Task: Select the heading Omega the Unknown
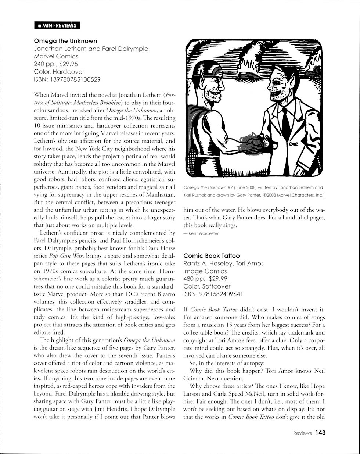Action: (x=65, y=41)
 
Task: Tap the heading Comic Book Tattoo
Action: (x=211, y=255)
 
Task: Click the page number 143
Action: (x=320, y=433)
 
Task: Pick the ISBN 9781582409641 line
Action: (x=213, y=294)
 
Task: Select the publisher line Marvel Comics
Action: (x=56, y=56)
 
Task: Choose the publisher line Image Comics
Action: (x=205, y=271)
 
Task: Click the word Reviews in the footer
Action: (x=302, y=433)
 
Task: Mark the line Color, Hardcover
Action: (x=59, y=72)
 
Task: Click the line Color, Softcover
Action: (x=207, y=286)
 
